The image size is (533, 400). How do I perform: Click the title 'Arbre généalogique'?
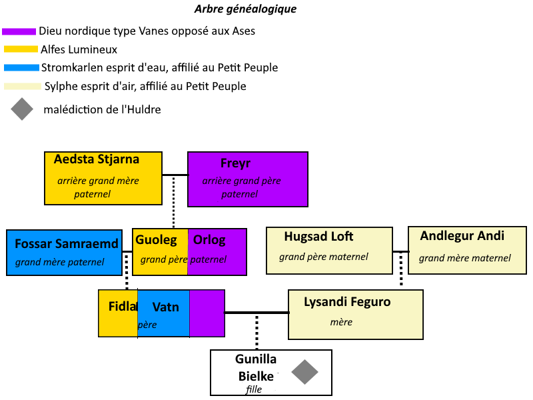[x=245, y=9]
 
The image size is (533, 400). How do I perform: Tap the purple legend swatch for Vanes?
[x=19, y=31]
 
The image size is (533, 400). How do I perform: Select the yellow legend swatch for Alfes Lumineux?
[x=21, y=49]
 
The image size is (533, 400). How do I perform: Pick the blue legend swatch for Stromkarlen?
[x=21, y=67]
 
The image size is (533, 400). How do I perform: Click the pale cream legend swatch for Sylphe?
[x=21, y=86]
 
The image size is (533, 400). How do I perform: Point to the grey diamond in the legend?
[x=22, y=109]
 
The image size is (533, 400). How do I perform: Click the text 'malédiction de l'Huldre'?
[x=102, y=109]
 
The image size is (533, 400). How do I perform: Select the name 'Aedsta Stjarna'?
[x=97, y=159]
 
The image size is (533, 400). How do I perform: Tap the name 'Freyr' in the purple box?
[x=235, y=163]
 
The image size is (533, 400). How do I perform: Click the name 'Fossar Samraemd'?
[x=67, y=244]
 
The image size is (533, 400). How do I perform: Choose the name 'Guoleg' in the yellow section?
[x=156, y=240]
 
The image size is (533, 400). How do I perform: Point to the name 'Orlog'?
[x=209, y=240]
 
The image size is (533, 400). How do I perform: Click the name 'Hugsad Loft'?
[x=318, y=237]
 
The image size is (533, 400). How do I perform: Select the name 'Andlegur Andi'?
[x=462, y=236]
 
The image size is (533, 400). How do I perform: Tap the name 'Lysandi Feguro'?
[x=347, y=302]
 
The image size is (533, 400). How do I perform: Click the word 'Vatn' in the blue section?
[x=165, y=307]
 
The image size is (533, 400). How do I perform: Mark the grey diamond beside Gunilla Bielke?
[x=305, y=372]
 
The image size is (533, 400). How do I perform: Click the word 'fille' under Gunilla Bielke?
[x=254, y=389]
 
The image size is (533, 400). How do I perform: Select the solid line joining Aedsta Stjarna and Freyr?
[x=175, y=175]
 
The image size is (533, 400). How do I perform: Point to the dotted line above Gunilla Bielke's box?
[x=257, y=331]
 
